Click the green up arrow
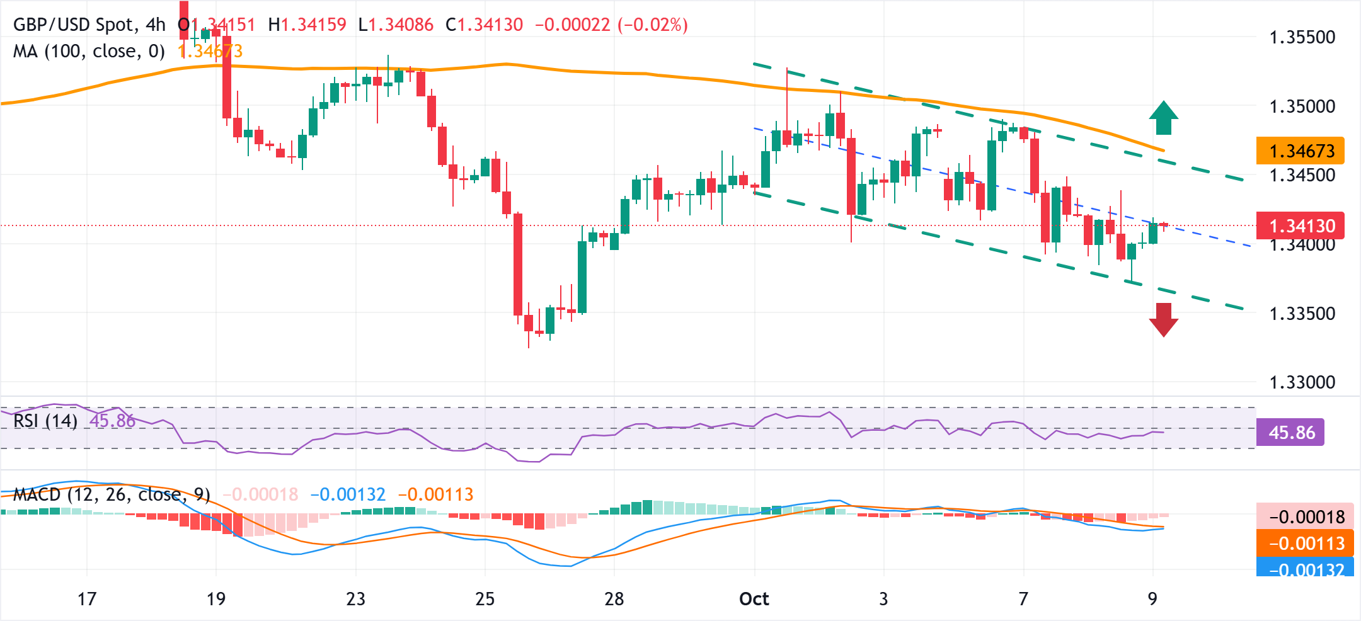coord(1163,118)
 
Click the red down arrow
coord(1163,319)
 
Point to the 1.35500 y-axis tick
coord(1302,37)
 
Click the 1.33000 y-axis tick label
coord(1302,382)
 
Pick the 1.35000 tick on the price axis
coord(1302,106)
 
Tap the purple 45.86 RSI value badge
coord(1290,433)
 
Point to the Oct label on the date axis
coord(754,598)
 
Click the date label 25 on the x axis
coord(485,598)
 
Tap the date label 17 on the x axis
coord(87,598)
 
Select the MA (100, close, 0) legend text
coord(89,51)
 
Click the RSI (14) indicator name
coord(45,421)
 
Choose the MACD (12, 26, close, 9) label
coord(112,494)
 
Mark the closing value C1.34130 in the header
coord(484,25)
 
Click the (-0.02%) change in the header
coord(652,25)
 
